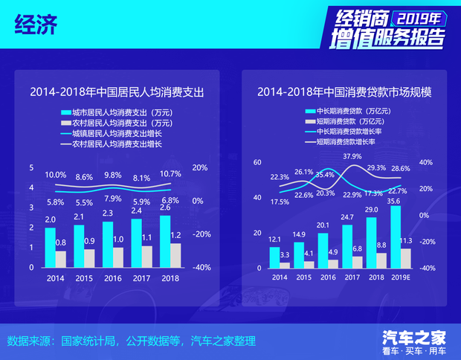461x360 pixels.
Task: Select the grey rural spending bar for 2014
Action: pos(60,258)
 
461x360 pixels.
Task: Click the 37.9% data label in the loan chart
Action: pos(352,156)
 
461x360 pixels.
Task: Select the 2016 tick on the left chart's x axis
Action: pos(112,277)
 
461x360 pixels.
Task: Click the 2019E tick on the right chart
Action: pos(400,277)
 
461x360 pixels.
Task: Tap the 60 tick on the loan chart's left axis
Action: pos(257,162)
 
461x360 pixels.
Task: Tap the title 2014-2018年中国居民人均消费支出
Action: pos(117,93)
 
